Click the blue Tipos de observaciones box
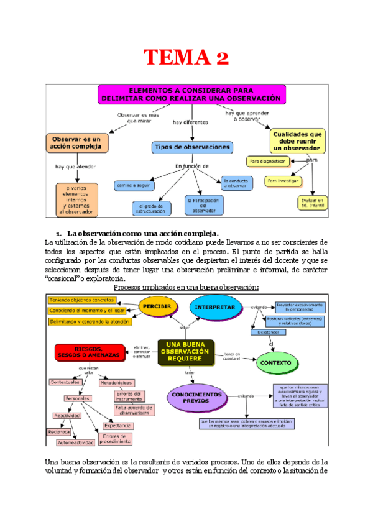tap(193, 147)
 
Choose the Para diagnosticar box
tap(267, 161)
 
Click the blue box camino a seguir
tap(133, 185)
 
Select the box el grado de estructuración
tap(152, 209)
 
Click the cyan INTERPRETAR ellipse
tap(214, 308)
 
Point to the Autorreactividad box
tap(76, 443)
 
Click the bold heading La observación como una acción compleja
tap(142, 231)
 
